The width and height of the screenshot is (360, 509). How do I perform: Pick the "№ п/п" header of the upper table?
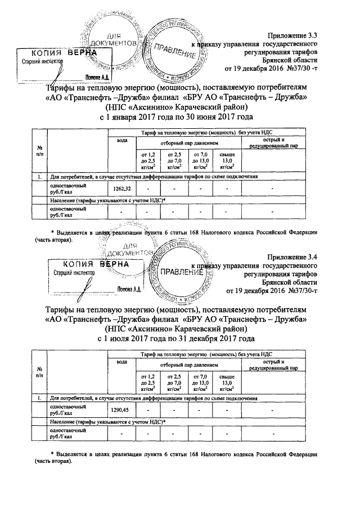[x=39, y=150]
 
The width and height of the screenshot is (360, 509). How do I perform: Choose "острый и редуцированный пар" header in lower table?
[x=273, y=366]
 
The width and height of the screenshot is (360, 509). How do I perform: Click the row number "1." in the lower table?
[x=39, y=398]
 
